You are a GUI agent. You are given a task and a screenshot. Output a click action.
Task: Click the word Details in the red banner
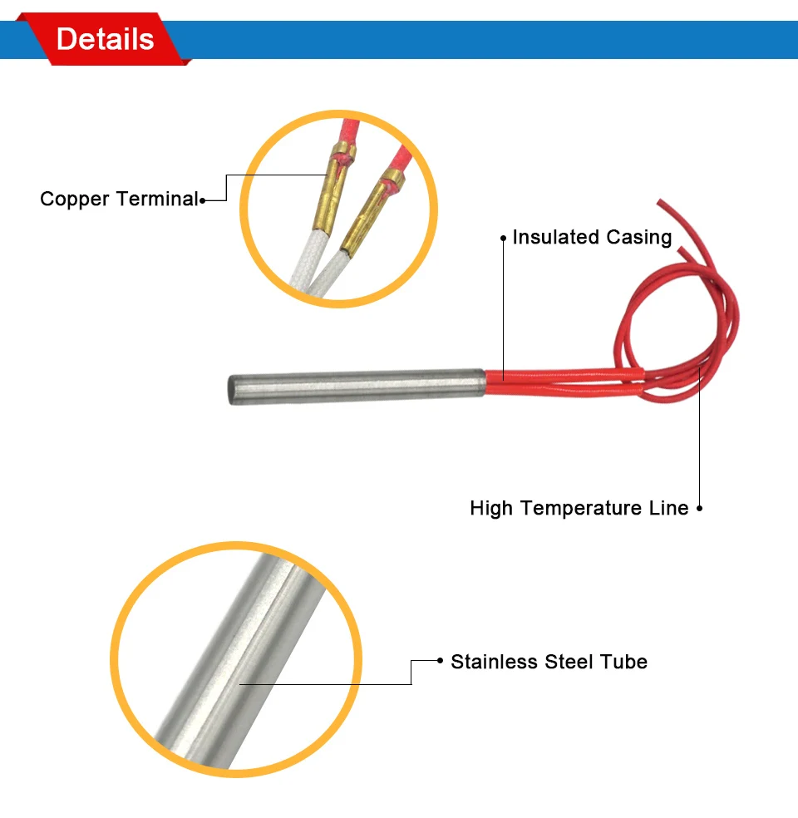[x=105, y=39]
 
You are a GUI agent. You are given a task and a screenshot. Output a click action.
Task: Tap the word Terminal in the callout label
[x=157, y=200]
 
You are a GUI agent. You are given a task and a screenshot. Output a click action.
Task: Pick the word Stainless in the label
[x=495, y=663]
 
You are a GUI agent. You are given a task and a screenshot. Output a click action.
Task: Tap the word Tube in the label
[x=625, y=663]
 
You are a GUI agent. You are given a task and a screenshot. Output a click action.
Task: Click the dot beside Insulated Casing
[x=503, y=238]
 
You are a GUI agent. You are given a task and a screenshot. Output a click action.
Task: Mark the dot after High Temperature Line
[x=699, y=508]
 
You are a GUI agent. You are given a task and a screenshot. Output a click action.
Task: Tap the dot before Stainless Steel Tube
[x=441, y=662]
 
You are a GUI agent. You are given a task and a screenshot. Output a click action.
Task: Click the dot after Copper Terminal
[x=202, y=200]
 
